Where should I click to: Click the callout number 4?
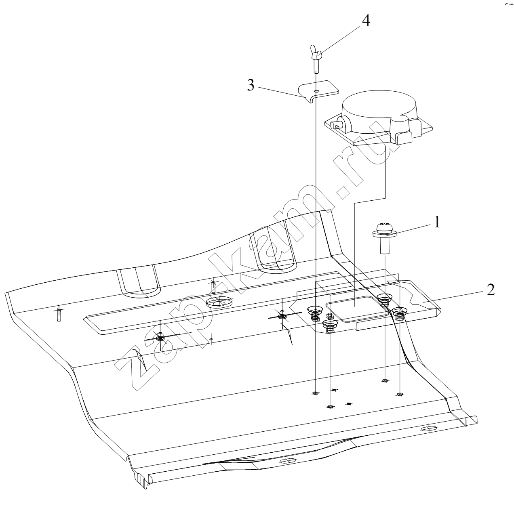click(366, 20)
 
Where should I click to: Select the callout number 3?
click(251, 85)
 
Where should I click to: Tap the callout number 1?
click(437, 223)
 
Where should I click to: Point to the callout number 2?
click(491, 290)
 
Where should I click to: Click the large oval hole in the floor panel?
click(219, 302)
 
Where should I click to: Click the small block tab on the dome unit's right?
click(404, 139)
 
